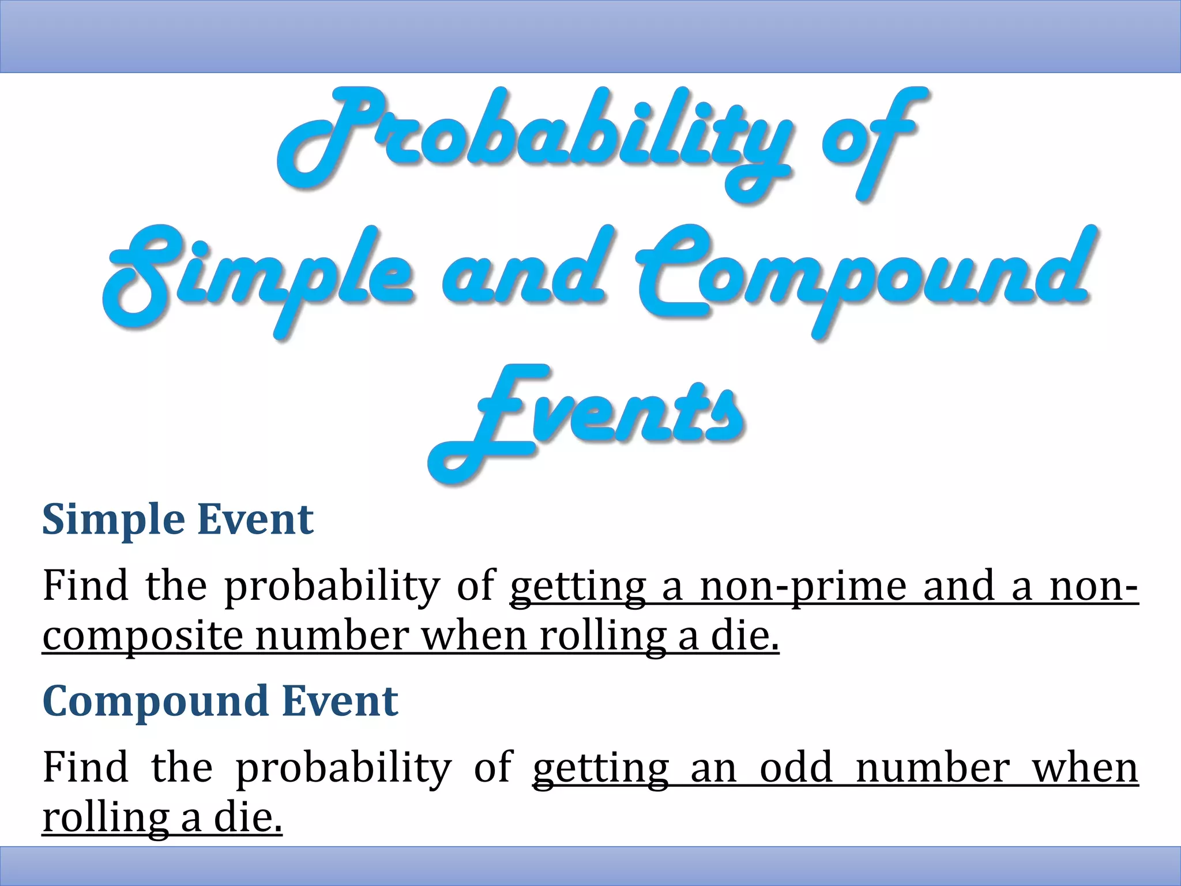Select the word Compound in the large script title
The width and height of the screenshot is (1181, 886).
tap(865, 277)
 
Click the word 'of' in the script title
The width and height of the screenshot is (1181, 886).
tap(871, 138)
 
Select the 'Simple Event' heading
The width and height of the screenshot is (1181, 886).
tap(178, 520)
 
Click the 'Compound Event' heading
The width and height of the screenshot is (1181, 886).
tap(220, 701)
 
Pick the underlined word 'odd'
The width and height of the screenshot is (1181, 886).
tap(796, 768)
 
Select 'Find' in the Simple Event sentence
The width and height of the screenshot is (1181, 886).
tap(85, 586)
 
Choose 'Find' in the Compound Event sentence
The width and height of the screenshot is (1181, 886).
tap(85, 768)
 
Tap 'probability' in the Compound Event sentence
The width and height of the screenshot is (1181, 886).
tap(344, 769)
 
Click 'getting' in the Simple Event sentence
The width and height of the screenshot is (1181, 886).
tap(578, 587)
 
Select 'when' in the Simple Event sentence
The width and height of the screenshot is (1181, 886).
tap(472, 636)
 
